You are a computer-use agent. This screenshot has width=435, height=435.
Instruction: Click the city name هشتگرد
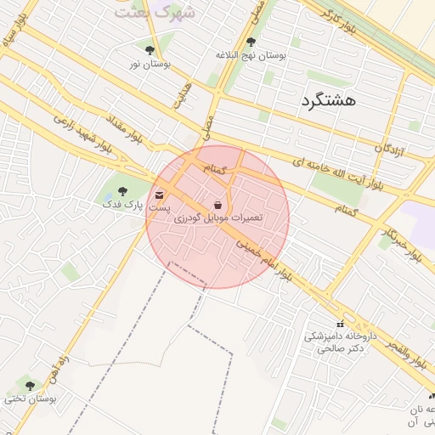coord(328,100)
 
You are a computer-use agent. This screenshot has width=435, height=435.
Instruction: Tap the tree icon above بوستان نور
coord(150,50)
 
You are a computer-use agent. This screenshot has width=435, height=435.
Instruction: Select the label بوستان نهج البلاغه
coord(251,55)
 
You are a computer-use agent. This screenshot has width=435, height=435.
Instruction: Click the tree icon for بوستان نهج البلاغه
coord(250,41)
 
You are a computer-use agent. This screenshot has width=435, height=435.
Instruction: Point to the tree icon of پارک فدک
coord(122,191)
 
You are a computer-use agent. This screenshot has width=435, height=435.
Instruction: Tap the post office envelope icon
coord(160,195)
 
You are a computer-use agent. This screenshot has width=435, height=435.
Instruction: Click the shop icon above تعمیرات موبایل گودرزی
coord(218,205)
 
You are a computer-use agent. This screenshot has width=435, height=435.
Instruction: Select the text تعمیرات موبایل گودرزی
coord(218,218)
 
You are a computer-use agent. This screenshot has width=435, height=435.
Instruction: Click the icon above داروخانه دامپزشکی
coord(341,323)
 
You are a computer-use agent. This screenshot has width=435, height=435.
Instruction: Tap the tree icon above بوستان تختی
coord(31,385)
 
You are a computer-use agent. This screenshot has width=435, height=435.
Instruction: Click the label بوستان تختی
coord(31,398)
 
